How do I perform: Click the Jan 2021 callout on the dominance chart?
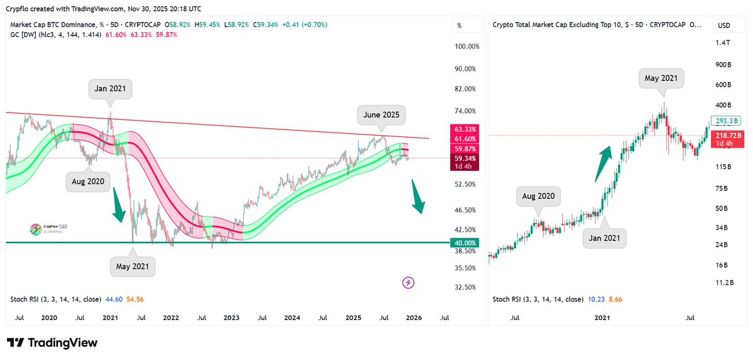(110, 89)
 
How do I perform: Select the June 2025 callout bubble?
(381, 115)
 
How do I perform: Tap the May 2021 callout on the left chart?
(133, 266)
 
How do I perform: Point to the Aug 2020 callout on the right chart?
(538, 196)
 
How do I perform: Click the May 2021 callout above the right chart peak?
(661, 79)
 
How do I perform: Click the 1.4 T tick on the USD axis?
(723, 42)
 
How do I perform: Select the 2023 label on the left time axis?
(231, 318)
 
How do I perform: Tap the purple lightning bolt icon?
(409, 283)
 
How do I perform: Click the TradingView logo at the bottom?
(52, 343)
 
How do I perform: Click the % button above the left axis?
(460, 26)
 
